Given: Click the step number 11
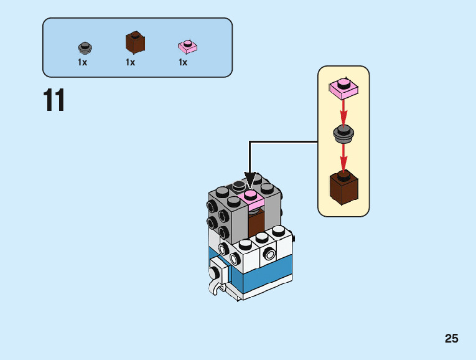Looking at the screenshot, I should point(54,101).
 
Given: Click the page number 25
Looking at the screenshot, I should point(452,339).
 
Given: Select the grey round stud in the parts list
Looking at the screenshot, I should point(85,47).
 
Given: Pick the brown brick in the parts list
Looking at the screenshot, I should point(135,42).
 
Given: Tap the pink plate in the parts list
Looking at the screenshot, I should point(187,46).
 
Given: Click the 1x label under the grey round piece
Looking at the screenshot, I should point(82,62).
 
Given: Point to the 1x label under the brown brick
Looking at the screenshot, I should point(130,62).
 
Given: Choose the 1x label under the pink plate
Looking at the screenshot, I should point(183,62).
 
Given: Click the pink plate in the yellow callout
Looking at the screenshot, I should point(343,88).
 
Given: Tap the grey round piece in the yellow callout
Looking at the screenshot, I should point(343,133).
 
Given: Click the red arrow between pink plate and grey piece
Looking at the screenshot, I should point(343,112).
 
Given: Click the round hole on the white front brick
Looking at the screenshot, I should point(269,253).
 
